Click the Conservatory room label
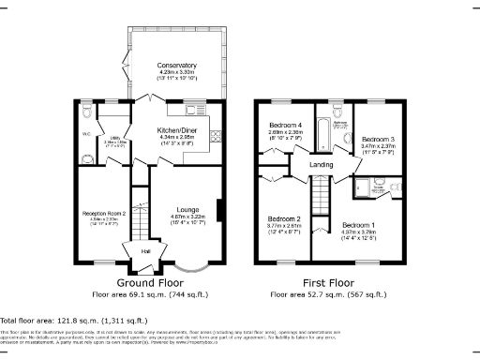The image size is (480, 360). [x=177, y=66]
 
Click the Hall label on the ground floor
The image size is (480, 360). [x=145, y=251]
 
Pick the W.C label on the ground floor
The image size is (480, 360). [x=87, y=133]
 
